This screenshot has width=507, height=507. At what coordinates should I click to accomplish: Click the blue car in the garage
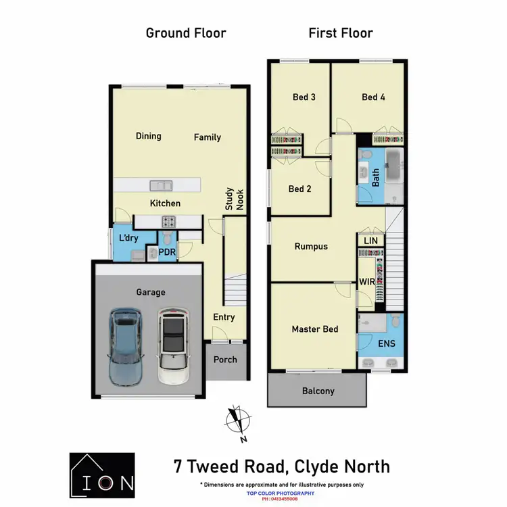pyautogui.click(x=126, y=347)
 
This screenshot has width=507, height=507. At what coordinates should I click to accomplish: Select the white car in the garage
pyautogui.click(x=174, y=347)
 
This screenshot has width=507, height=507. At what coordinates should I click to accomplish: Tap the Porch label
pyautogui.click(x=225, y=359)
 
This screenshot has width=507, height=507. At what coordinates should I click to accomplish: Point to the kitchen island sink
pyautogui.click(x=161, y=185)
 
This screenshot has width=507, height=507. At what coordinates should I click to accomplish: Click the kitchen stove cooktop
pyautogui.click(x=168, y=221)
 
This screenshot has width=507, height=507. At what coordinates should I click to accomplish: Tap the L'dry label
pyautogui.click(x=128, y=239)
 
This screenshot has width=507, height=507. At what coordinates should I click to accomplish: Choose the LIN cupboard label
pyautogui.click(x=370, y=241)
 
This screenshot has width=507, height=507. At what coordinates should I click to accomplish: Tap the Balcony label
pyautogui.click(x=318, y=391)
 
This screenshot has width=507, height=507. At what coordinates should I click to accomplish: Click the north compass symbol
pyautogui.click(x=237, y=419)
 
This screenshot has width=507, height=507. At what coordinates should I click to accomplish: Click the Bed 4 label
pyautogui.click(x=373, y=97)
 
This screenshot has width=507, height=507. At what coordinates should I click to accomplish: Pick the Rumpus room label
pyautogui.click(x=311, y=246)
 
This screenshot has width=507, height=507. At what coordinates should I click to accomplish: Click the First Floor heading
pyautogui.click(x=341, y=32)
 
